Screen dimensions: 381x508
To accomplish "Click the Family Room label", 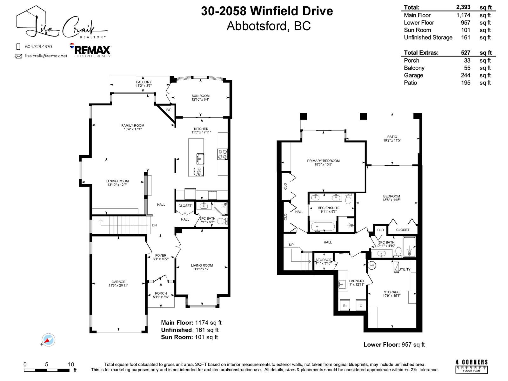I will (133, 125).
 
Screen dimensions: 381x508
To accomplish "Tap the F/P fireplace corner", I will (169, 110).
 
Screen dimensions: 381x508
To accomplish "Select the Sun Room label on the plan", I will (200, 96).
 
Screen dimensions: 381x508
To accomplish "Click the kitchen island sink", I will (200, 158).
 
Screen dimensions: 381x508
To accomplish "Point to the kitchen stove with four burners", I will (222, 154).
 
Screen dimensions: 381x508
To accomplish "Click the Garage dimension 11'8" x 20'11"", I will (118, 285).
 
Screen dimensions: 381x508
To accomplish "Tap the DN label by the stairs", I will (154, 225).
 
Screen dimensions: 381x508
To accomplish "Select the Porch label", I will (161, 293).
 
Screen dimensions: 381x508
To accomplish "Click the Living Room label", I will (202, 265).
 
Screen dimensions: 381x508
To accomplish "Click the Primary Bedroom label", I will (323, 161).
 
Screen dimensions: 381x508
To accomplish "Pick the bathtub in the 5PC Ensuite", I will (323, 227).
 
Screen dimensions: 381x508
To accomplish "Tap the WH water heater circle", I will (371, 265).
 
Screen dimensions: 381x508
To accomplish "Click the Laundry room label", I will (357, 281).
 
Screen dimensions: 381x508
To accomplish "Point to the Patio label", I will (392, 137).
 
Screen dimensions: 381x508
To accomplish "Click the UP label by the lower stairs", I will (291, 244).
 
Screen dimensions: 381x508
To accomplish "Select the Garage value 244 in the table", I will (465, 75).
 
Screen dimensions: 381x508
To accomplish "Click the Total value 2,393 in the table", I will (463, 7).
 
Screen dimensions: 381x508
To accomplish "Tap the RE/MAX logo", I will (90, 50).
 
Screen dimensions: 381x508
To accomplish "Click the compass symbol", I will (48, 340).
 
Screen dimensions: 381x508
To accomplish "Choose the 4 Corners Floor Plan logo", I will (471, 366).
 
